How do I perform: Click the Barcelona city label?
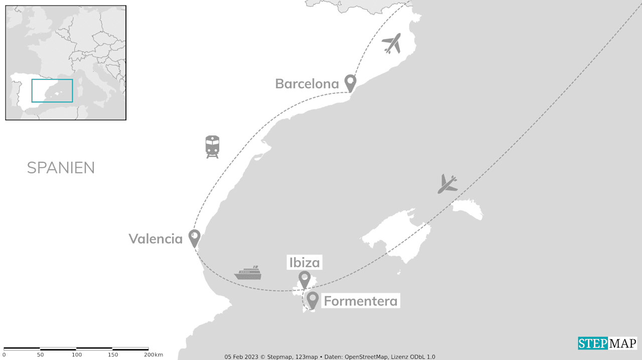pyautogui.click(x=307, y=84)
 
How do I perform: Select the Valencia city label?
pyautogui.click(x=155, y=239)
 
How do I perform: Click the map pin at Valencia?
pyautogui.click(x=194, y=237)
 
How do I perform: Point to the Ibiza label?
pyautogui.click(x=304, y=262)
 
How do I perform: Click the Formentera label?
pyautogui.click(x=360, y=301)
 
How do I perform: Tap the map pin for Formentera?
pyautogui.click(x=313, y=299)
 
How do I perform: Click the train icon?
pyautogui.click(x=212, y=146)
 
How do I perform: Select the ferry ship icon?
pyautogui.click(x=248, y=273)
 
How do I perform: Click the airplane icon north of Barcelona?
pyautogui.click(x=392, y=43)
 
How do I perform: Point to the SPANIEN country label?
pyautogui.click(x=61, y=168)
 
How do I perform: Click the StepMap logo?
pyautogui.click(x=607, y=343)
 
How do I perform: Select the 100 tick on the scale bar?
pyautogui.click(x=76, y=354)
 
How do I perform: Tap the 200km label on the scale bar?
pyautogui.click(x=153, y=354)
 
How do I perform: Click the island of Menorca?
pyautogui.click(x=467, y=209)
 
